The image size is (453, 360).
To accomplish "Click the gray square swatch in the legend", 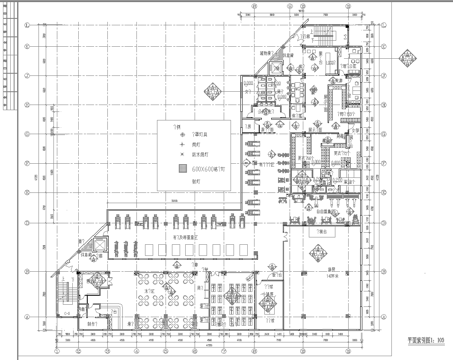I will coord(184,171).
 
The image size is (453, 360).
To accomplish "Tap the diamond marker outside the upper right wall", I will coord(408,62).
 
